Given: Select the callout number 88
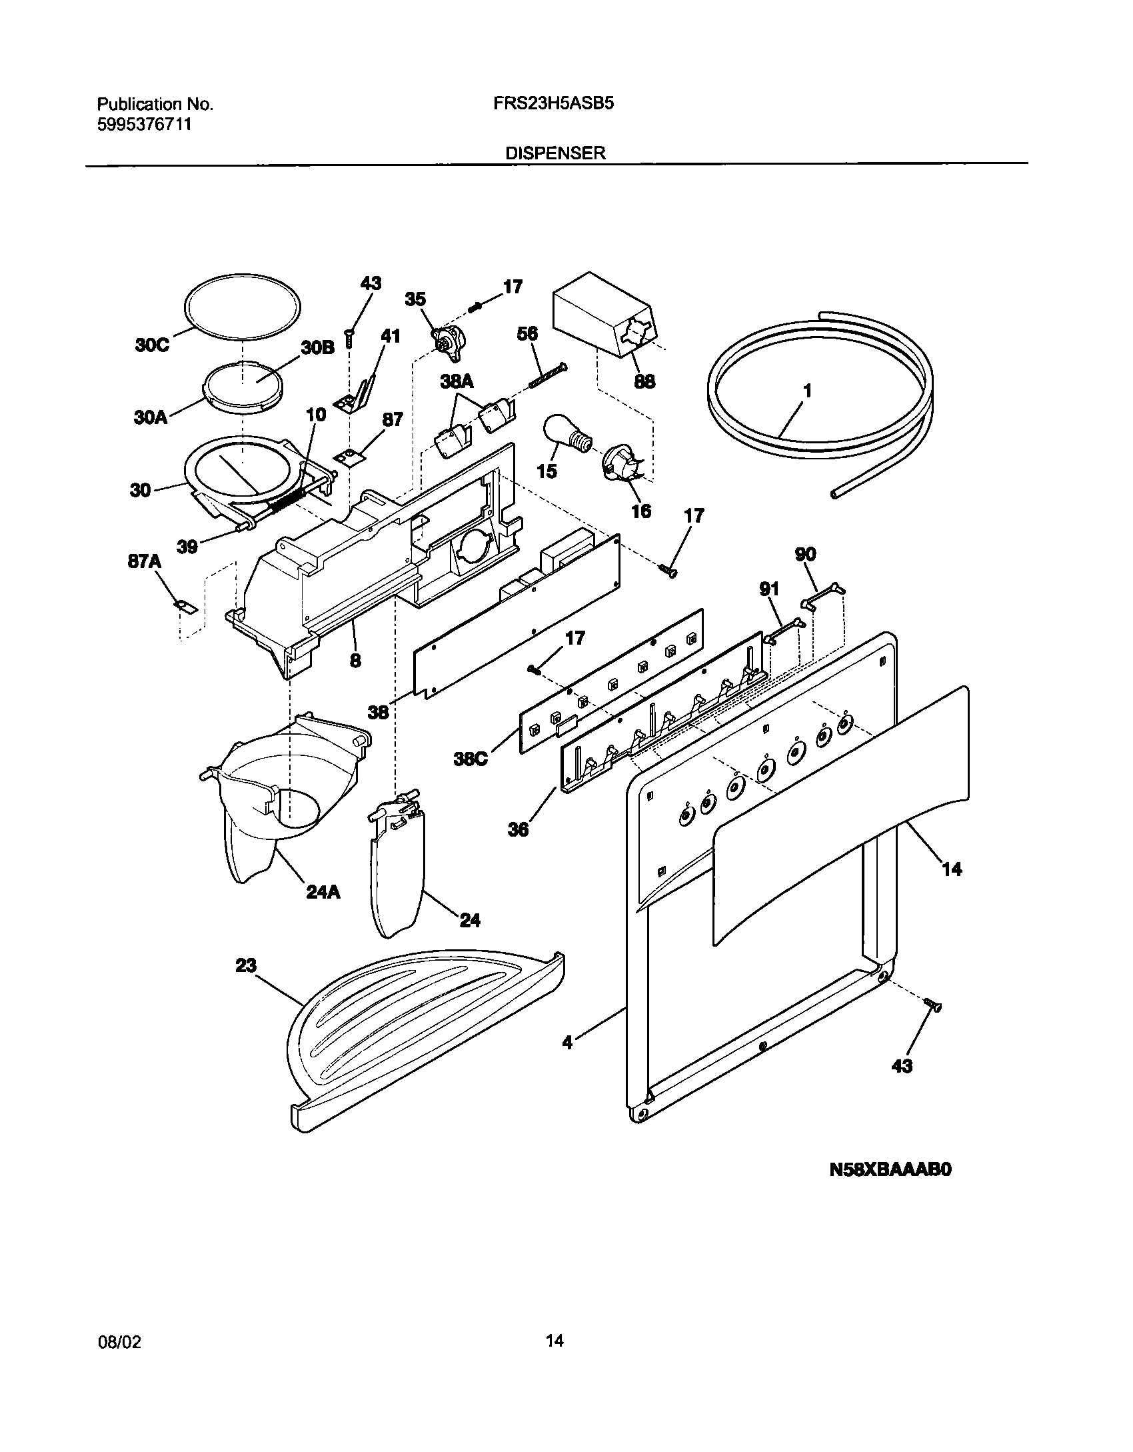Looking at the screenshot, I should click(x=644, y=381).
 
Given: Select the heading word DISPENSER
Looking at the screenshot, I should click(x=555, y=153).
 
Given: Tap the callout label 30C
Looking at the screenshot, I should click(x=152, y=345).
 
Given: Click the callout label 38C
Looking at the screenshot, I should click(x=471, y=758).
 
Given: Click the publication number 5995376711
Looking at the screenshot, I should click(x=145, y=124).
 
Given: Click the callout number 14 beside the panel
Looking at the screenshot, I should click(x=952, y=869).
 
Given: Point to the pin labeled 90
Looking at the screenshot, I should click(x=824, y=595).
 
